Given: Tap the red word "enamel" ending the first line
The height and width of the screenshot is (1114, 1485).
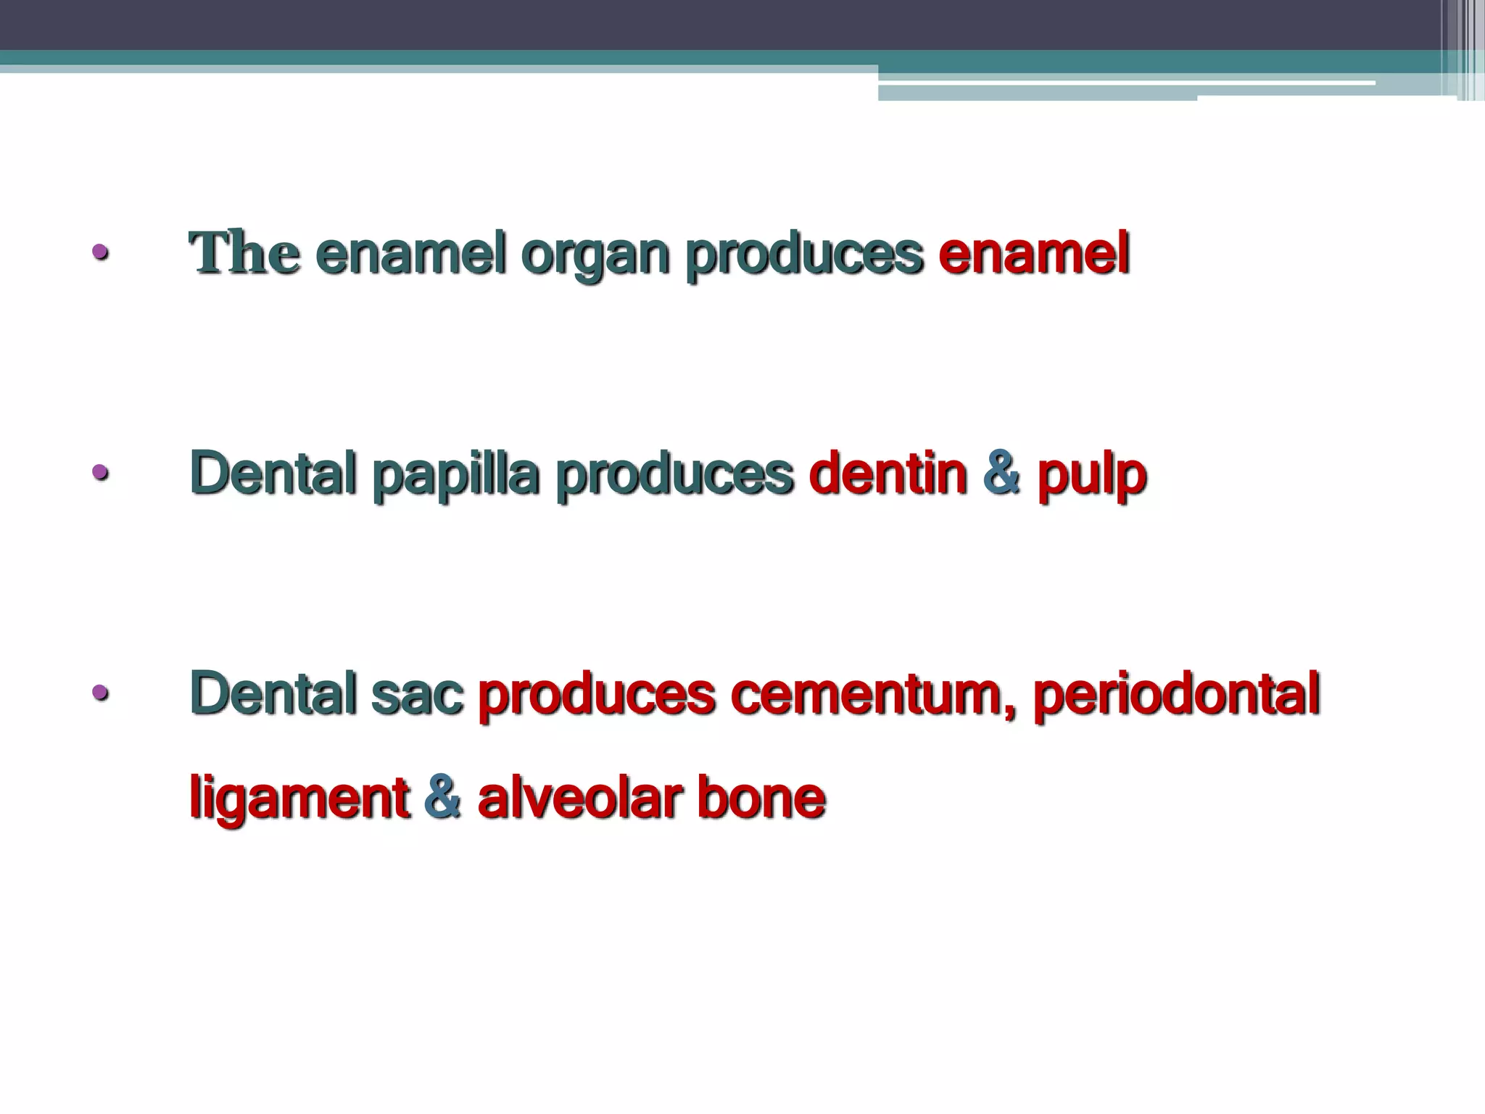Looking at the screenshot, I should (1034, 254).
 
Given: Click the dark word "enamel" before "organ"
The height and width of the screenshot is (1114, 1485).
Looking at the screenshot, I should (410, 254).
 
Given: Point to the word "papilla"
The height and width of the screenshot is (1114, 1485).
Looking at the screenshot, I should (455, 476).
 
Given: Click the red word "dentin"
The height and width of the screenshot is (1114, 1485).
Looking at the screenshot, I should (888, 473).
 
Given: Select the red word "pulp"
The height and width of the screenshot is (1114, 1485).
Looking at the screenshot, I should (1091, 476).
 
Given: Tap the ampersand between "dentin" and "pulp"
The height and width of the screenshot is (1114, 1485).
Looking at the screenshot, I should (1002, 473).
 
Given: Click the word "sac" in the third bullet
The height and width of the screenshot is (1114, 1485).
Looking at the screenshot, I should (417, 694).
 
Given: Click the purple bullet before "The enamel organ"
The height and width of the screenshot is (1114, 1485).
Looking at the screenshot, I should (100, 253).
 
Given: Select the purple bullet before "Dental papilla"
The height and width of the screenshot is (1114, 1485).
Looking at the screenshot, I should (100, 474).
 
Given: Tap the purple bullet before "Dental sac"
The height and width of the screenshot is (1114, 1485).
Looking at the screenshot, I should (100, 693).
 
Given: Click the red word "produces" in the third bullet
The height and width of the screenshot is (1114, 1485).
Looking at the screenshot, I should (597, 696).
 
